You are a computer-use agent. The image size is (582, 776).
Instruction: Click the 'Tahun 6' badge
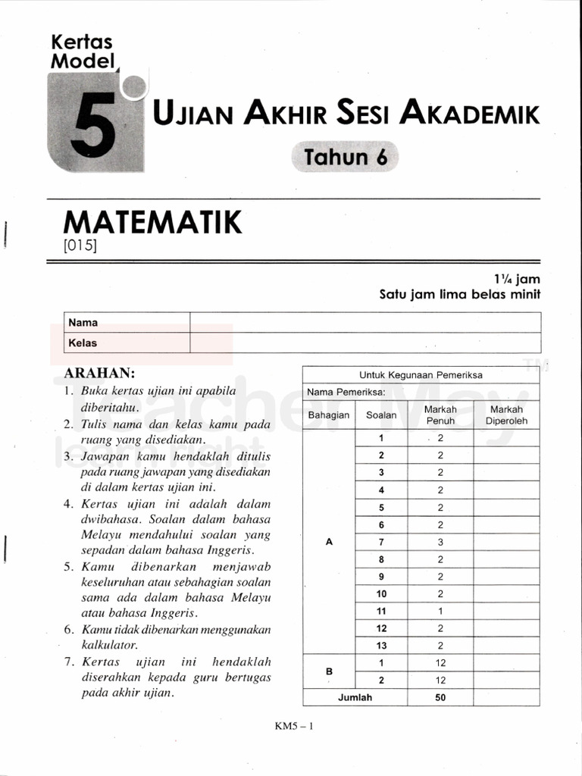point(345,157)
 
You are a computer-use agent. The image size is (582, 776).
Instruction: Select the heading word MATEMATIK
point(153,223)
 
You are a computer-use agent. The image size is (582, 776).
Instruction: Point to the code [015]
point(81,246)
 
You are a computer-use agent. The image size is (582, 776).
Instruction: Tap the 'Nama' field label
point(83,322)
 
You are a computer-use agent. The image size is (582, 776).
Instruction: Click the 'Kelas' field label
point(83,343)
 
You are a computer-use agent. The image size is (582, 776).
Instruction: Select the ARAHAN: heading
point(100,373)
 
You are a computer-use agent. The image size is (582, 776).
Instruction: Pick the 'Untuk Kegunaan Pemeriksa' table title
point(421,374)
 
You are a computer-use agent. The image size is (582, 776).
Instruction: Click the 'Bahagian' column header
point(329,415)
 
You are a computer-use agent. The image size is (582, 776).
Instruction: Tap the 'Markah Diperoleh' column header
point(506,415)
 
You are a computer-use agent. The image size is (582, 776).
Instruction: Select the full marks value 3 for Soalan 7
point(440,542)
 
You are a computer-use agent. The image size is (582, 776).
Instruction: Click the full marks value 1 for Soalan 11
point(440,611)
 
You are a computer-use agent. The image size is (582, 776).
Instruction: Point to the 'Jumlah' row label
point(355,698)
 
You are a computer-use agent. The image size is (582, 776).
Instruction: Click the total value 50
point(440,698)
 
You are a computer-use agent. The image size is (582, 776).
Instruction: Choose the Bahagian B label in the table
point(329,671)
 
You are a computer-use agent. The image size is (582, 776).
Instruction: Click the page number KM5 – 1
point(294,725)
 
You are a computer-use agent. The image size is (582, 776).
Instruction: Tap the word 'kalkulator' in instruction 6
point(109,645)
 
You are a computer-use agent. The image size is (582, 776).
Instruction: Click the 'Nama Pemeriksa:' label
point(346,392)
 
